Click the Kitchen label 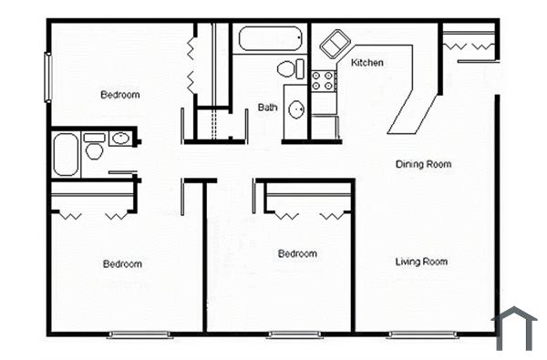point(366,63)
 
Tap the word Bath point(267,108)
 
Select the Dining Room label point(423,165)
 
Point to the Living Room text point(421,262)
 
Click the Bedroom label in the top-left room point(119,95)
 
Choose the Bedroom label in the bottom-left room point(121,264)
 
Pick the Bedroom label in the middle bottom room point(297,253)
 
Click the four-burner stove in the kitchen point(324,80)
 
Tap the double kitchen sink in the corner point(332,43)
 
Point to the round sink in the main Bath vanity point(296,110)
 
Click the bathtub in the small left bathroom point(66,155)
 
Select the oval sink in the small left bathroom point(120,139)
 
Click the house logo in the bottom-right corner point(515,328)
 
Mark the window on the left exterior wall point(47,78)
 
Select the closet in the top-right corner point(469,43)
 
